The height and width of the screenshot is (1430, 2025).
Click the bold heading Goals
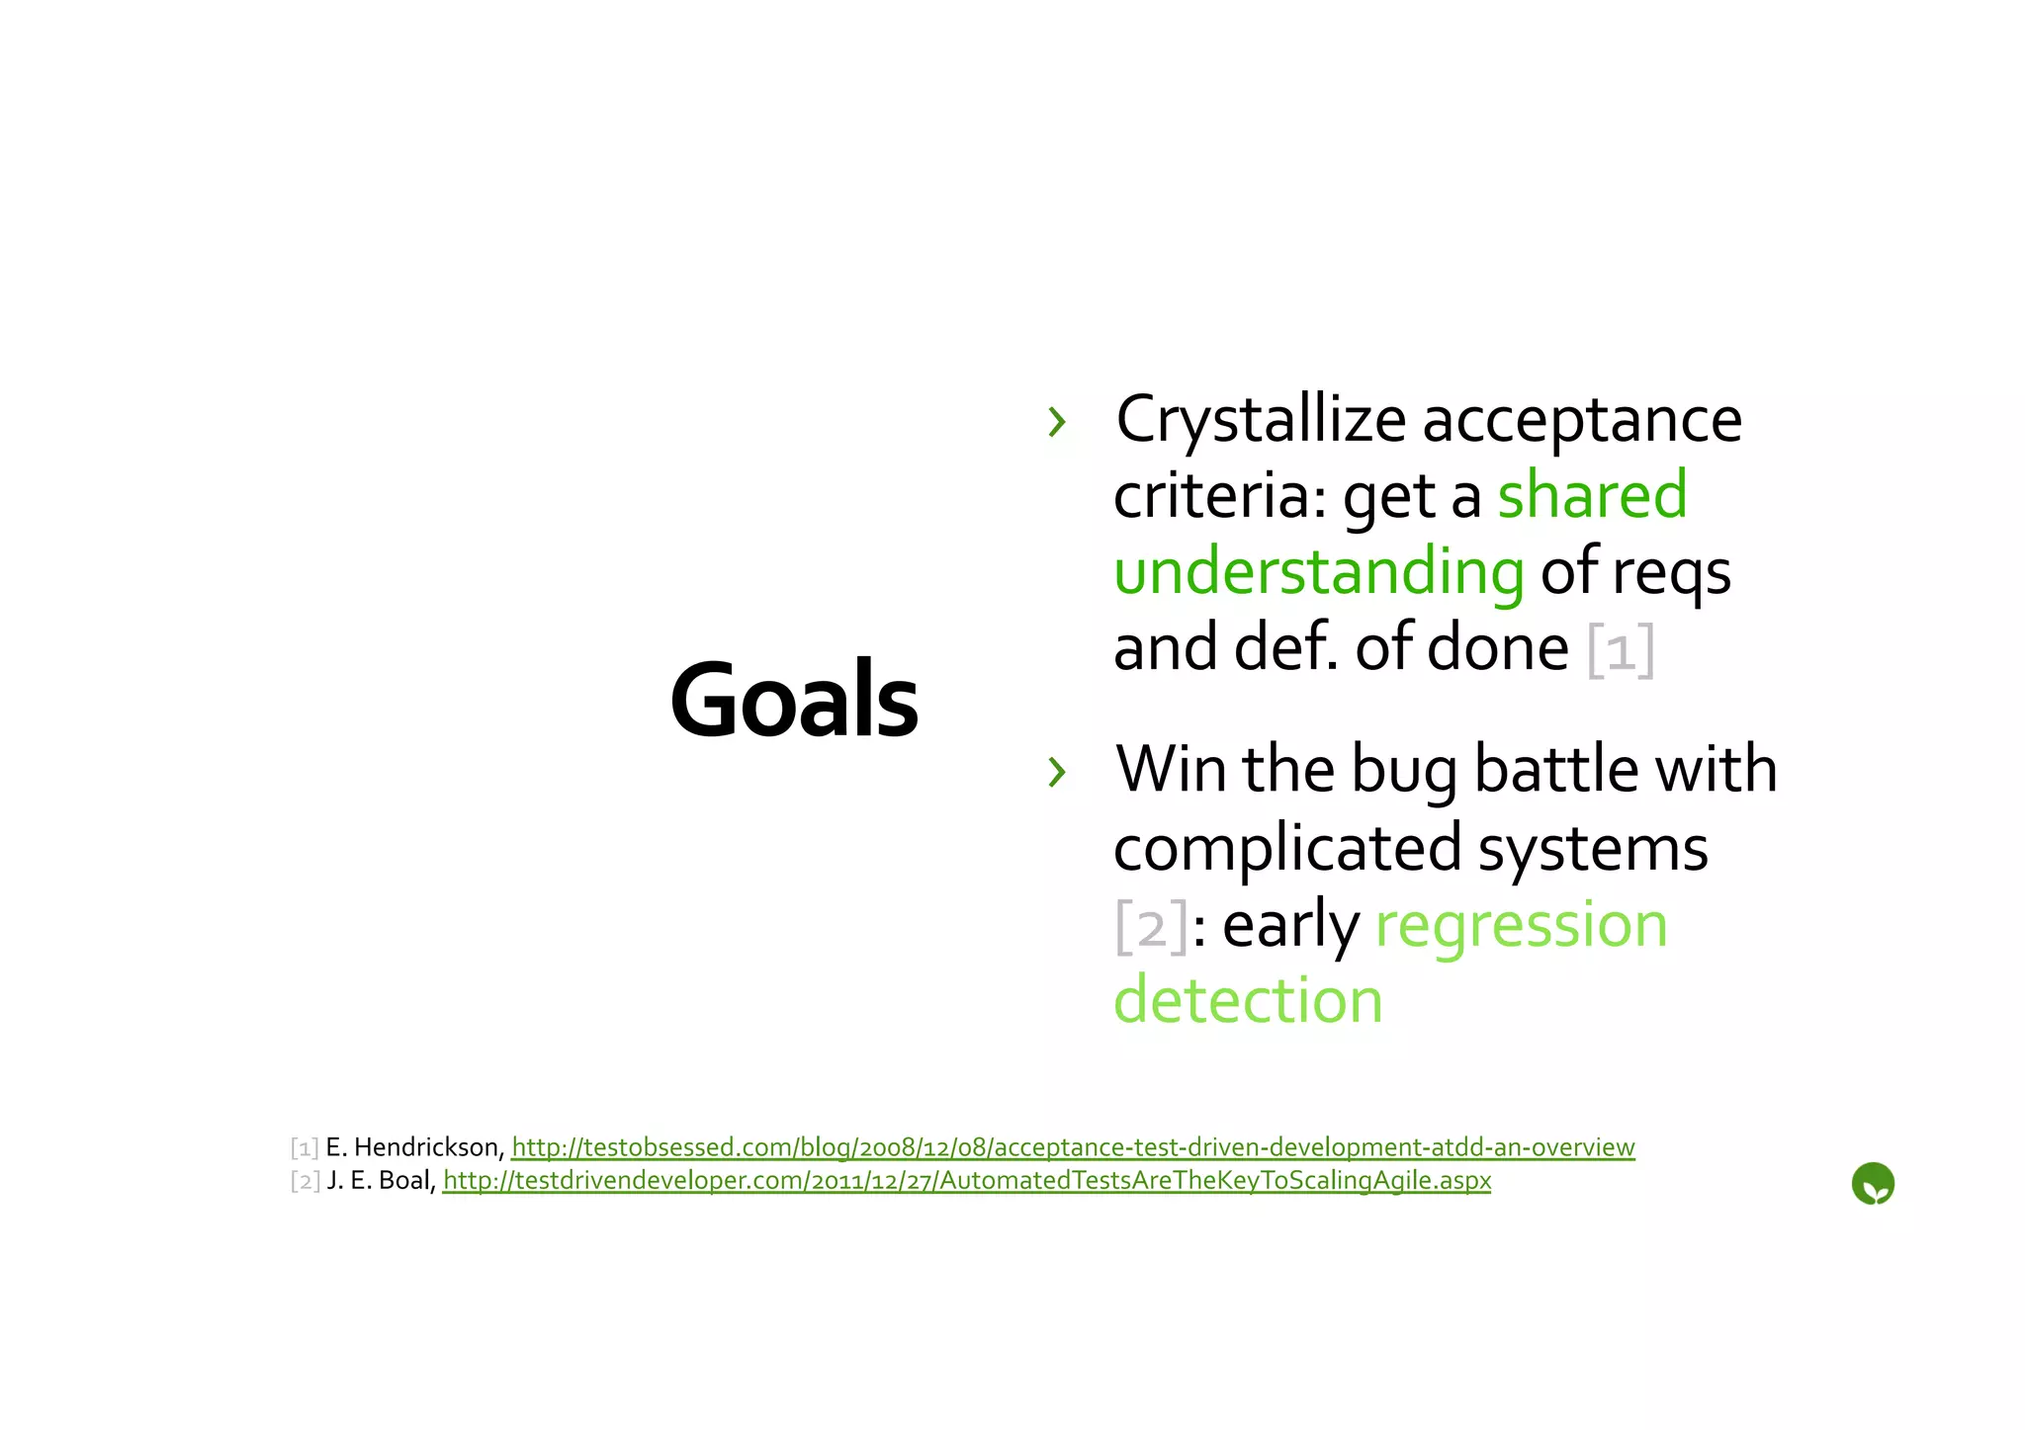pyautogui.click(x=794, y=700)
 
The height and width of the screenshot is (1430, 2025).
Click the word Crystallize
pyautogui.click(x=1260, y=420)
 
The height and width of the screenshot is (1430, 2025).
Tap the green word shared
pyautogui.click(x=1592, y=495)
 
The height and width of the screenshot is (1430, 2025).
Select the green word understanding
pyautogui.click(x=1319, y=572)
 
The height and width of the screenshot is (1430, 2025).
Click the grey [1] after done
pyautogui.click(x=1621, y=650)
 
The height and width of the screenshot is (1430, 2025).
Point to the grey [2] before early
pyautogui.click(x=1150, y=926)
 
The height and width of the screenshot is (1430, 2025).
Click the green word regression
pyautogui.click(x=1521, y=926)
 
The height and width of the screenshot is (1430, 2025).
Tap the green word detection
pyautogui.click(x=1248, y=1000)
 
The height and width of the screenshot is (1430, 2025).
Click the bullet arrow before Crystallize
pyautogui.click(x=1057, y=422)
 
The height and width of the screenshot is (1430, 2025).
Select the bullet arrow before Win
pyautogui.click(x=1057, y=772)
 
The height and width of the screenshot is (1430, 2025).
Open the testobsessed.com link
pyautogui.click(x=1073, y=1147)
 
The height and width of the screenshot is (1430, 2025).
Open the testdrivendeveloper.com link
pyautogui.click(x=966, y=1181)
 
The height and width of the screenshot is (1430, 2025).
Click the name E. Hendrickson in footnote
pyautogui.click(x=414, y=1147)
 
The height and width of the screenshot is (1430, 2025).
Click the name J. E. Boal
pyautogui.click(x=381, y=1181)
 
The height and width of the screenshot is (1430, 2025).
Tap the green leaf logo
pyautogui.click(x=1872, y=1184)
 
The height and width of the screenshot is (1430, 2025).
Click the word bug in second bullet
pyautogui.click(x=1403, y=770)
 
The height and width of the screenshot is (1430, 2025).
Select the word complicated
pyautogui.click(x=1287, y=848)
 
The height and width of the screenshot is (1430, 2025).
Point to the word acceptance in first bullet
pyautogui.click(x=1582, y=420)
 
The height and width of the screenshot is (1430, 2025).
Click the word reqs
pyautogui.click(x=1671, y=572)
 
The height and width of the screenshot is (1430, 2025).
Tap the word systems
pyautogui.click(x=1592, y=848)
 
